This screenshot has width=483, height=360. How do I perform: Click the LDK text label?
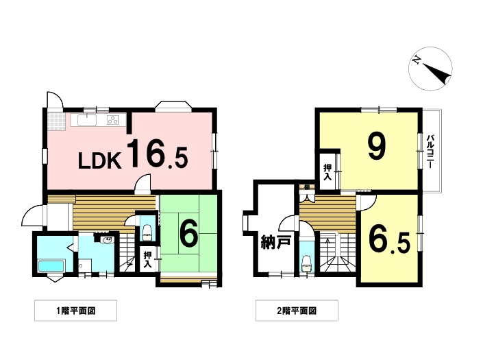[100, 160]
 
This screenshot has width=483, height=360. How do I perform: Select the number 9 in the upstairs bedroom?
[376, 147]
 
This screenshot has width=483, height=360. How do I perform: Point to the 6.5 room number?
[390, 243]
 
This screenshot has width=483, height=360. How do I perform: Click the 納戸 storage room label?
[275, 242]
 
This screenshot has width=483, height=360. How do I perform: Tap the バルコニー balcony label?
[430, 151]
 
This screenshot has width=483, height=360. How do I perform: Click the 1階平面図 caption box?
[75, 311]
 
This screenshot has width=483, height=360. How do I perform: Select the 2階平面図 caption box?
[297, 311]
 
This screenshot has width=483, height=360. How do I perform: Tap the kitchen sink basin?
[87, 120]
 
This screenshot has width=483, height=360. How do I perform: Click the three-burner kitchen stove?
[113, 119]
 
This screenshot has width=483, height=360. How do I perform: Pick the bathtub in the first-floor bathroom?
[51, 265]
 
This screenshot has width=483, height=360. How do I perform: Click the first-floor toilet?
[147, 232]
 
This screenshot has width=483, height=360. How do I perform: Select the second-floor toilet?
[306, 263]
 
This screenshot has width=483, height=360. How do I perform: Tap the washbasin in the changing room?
[107, 239]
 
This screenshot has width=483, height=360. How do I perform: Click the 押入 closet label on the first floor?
[148, 259]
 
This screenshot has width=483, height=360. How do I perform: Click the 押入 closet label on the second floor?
[327, 172]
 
